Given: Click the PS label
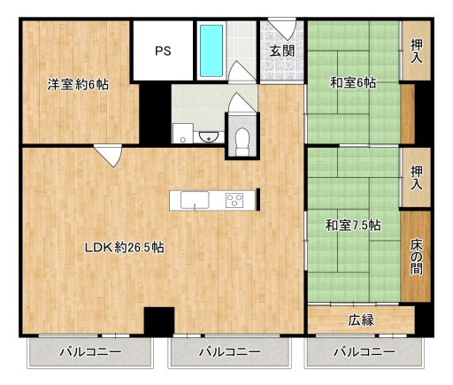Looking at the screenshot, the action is [163, 51].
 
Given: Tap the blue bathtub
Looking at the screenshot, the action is [211, 50].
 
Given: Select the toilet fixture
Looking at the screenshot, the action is [242, 142].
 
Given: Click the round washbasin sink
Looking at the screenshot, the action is [209, 136].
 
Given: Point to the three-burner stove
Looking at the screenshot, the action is [234, 200].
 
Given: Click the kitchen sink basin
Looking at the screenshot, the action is [195, 200].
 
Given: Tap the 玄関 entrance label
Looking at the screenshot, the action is [282, 51].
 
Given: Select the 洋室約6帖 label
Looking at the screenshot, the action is [78, 85].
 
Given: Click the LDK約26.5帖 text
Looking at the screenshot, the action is [125, 247].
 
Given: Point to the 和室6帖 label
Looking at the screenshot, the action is [353, 82].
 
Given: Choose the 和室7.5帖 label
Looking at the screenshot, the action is [353, 226].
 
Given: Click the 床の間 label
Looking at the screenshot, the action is [416, 256].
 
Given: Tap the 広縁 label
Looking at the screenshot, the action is [361, 320].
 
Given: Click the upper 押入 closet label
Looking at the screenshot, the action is [417, 51].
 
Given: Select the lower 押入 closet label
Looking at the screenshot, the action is [417, 177].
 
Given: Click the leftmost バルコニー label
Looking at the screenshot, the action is [90, 352].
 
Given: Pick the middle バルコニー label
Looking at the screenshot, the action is [230, 352].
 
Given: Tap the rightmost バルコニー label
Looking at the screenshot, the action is [365, 352].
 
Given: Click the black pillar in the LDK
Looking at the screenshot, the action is [159, 320].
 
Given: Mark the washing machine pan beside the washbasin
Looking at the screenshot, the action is [183, 134].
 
